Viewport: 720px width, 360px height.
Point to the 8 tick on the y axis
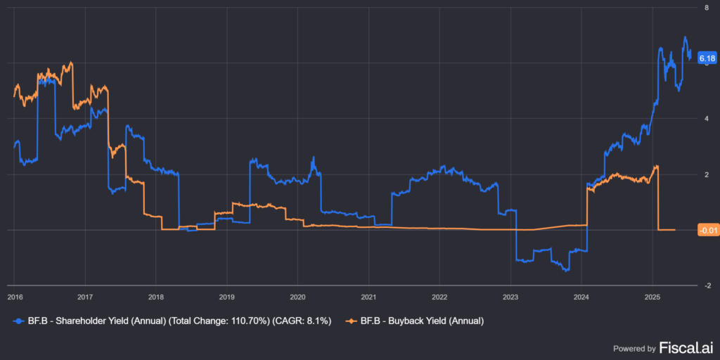coord(705,7)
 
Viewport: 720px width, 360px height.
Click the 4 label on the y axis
coord(705,118)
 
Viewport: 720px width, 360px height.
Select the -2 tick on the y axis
coord(705,285)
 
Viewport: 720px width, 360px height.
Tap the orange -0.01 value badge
coord(707,230)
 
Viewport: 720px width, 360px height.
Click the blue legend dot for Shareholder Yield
coord(17,321)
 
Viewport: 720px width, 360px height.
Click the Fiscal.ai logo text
coord(686,347)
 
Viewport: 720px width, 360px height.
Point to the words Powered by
coord(634,348)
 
